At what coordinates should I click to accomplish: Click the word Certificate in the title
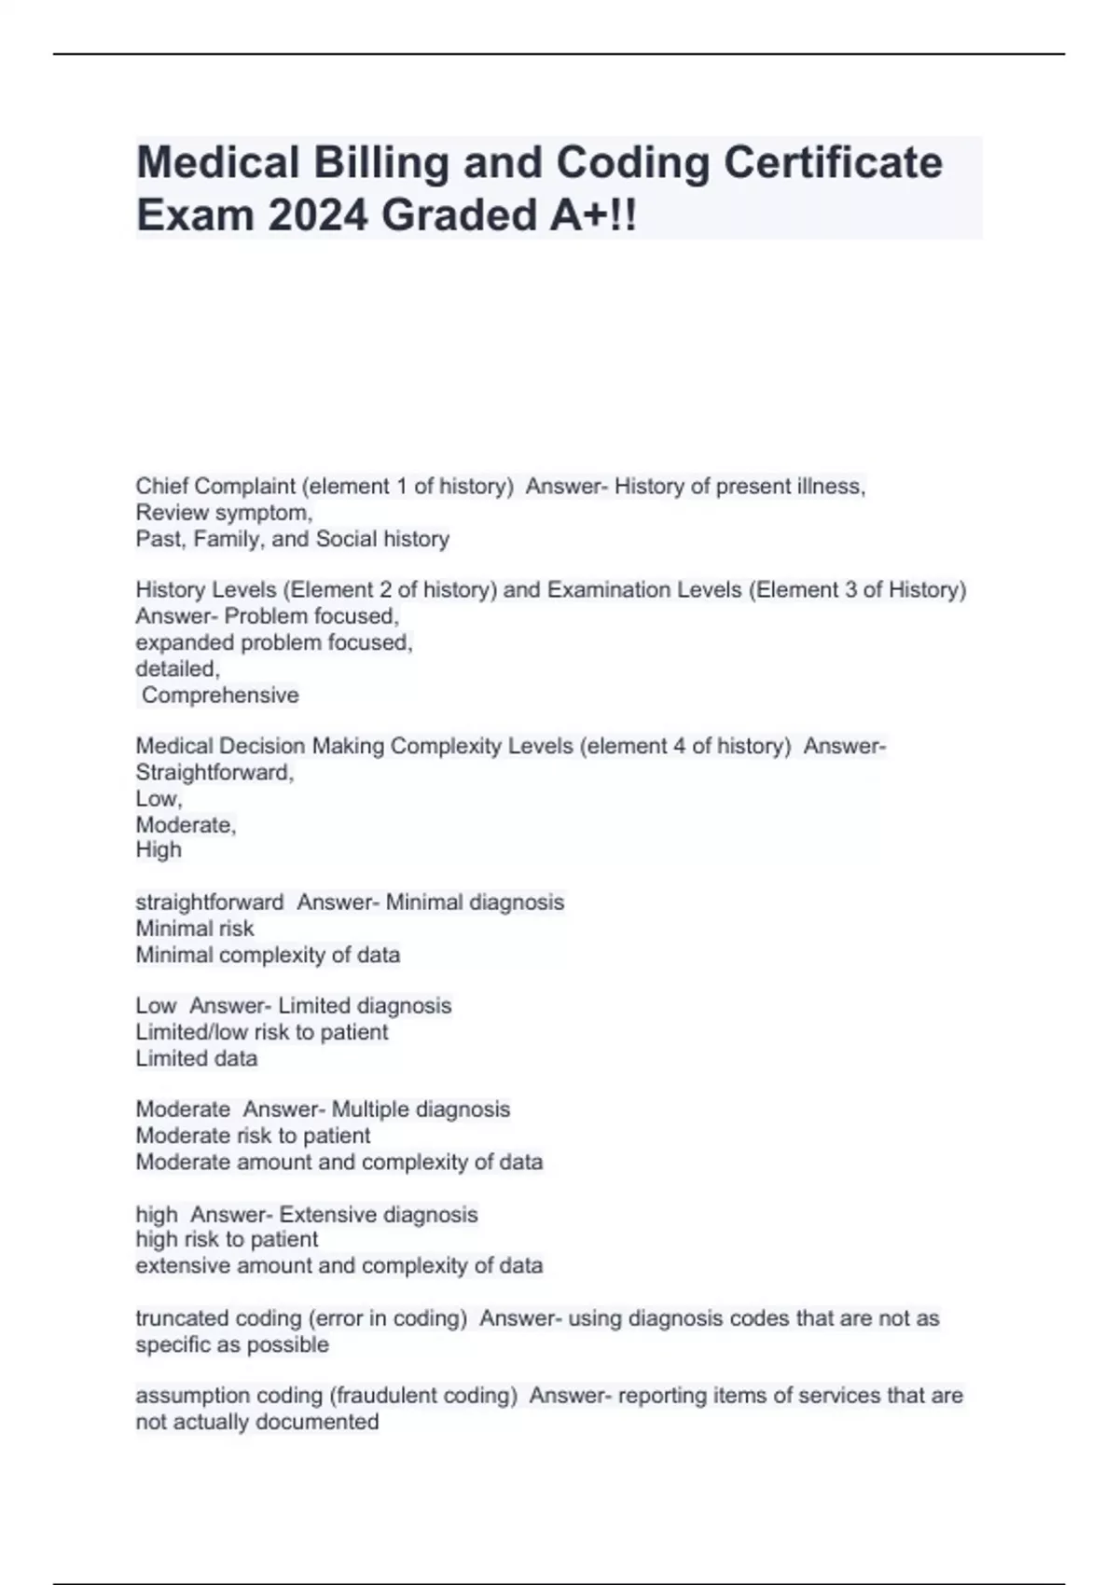coord(833,162)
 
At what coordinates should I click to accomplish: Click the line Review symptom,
coord(224,513)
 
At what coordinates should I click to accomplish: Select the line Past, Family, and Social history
coord(292,539)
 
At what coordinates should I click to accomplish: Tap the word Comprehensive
coord(220,696)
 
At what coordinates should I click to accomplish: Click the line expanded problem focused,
coord(273,642)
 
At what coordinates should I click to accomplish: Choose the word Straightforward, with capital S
coord(214,772)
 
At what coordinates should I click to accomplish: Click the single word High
coord(159,849)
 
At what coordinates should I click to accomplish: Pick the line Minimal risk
coord(194,929)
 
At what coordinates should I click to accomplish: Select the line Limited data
coord(196,1058)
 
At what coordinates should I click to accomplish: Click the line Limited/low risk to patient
coord(261,1032)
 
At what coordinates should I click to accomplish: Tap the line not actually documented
coord(256,1422)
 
